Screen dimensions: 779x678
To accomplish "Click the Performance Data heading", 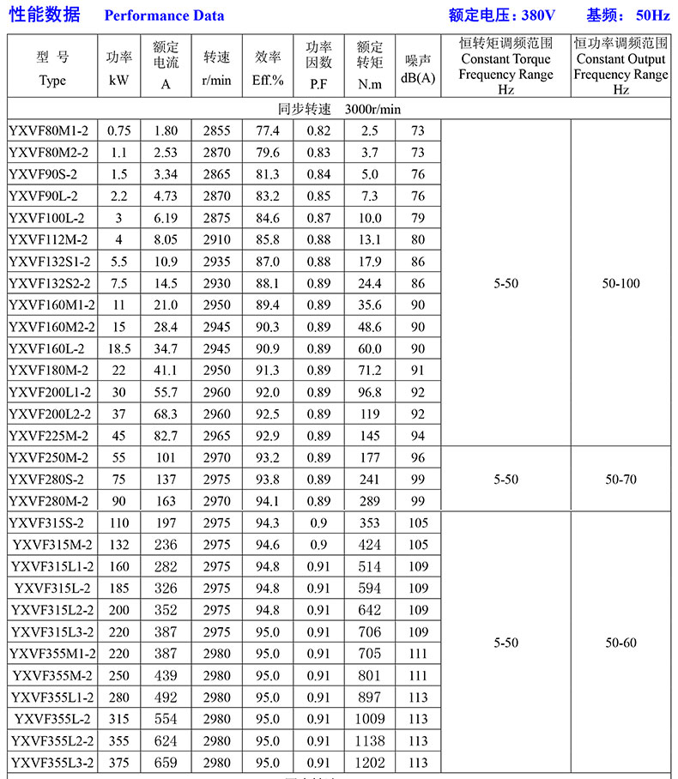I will coord(164,15).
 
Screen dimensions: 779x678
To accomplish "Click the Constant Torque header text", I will coord(505,59).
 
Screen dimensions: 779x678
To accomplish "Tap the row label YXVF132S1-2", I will coord(49,262).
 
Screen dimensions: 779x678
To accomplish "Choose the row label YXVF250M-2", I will coord(48,457).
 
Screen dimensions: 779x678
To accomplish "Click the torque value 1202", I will coord(370,762).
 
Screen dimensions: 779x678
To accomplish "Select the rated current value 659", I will coord(166,762).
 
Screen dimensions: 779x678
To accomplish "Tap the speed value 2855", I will coord(217,130).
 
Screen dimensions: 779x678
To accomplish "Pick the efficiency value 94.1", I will coord(268,501).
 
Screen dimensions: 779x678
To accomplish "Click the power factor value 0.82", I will coord(318,130).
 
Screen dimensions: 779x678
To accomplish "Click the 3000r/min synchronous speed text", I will coord(373,110).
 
